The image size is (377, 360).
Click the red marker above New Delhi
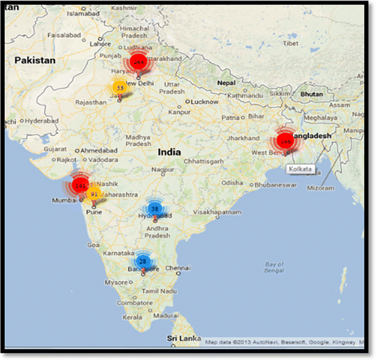tap(138, 63)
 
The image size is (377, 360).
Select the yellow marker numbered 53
tap(120, 88)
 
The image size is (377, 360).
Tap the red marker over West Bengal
tap(285, 142)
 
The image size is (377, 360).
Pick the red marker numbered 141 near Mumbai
tap(80, 185)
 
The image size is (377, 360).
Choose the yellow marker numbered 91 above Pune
tap(93, 194)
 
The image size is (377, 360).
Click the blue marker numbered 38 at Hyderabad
tap(155, 209)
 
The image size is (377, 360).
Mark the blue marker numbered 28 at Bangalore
tap(143, 261)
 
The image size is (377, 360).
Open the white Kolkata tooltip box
tap(300, 169)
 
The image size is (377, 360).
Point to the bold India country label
tap(169, 152)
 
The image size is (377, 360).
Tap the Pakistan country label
tap(35, 60)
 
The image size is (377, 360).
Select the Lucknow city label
tap(205, 101)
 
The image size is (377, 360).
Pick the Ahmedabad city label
tap(98, 150)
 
